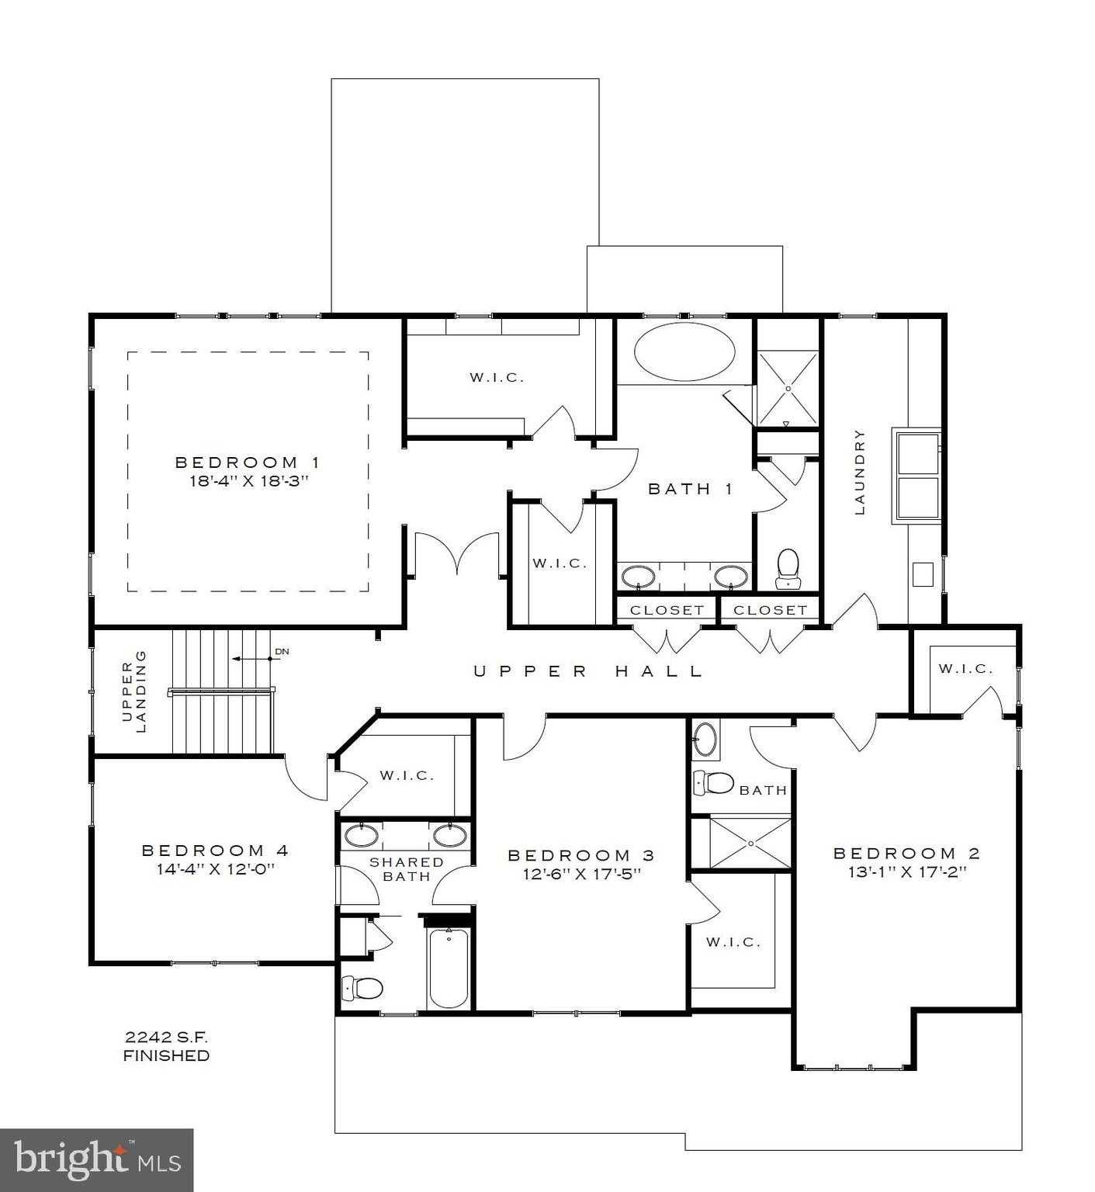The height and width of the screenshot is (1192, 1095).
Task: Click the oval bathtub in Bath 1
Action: (x=684, y=353)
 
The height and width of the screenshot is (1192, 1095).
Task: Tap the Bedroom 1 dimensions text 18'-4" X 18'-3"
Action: (x=249, y=480)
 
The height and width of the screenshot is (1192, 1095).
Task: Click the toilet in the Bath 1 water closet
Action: (x=788, y=568)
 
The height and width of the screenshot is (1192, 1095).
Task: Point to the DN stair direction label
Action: (x=282, y=651)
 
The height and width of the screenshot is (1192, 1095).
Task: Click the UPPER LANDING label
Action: (x=134, y=691)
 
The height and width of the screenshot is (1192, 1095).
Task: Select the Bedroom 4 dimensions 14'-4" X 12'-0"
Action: (x=216, y=869)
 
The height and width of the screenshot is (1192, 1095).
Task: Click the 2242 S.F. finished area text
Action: (x=166, y=1037)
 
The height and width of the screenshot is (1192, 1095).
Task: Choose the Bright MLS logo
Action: (x=96, y=1159)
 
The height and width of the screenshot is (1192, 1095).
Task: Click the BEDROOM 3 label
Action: (x=580, y=855)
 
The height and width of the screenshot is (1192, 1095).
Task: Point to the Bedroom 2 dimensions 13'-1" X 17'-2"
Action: (x=906, y=871)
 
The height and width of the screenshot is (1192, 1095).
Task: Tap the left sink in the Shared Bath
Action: (x=362, y=836)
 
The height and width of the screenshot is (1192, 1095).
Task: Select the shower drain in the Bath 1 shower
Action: (x=787, y=388)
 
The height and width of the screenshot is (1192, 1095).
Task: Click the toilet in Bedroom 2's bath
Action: (x=713, y=783)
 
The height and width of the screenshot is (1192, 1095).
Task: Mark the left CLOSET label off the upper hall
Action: (x=667, y=610)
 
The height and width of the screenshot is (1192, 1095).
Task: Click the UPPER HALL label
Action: (x=588, y=671)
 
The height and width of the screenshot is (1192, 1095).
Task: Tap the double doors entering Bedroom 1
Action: (x=456, y=553)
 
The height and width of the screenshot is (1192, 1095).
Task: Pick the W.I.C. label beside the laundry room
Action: (x=965, y=668)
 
